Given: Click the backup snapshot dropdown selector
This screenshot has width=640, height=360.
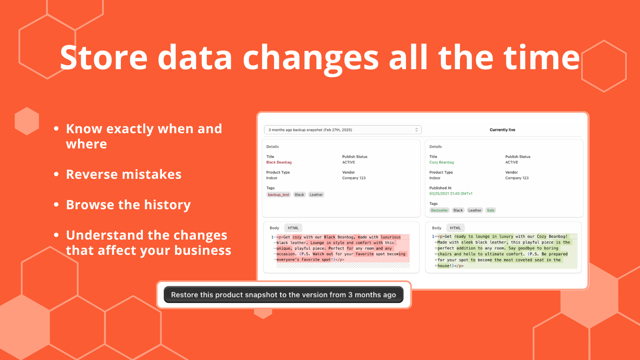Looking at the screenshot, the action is (342, 130).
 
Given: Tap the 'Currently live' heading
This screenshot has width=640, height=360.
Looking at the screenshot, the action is (502, 130).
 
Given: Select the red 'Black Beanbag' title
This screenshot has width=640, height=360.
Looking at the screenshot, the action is (279, 162).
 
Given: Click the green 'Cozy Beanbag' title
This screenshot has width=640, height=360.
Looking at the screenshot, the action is (442, 162).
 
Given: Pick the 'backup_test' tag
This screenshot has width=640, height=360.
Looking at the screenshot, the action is (278, 194).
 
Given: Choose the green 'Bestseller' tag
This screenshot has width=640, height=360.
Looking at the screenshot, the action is (439, 210).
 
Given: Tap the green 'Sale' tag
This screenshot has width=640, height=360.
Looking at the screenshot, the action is (490, 210).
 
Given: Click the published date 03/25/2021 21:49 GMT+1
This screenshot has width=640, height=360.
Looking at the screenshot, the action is (450, 194).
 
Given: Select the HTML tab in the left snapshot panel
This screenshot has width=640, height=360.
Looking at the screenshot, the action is (293, 228).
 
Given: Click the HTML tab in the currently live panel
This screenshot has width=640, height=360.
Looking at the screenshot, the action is (455, 228).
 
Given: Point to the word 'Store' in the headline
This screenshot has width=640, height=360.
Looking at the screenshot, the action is (104, 58).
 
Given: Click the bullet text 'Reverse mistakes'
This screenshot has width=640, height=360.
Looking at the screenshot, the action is (124, 174).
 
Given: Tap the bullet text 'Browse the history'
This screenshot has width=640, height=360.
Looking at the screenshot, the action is (128, 205).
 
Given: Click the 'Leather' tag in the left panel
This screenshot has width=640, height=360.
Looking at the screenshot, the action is (316, 194).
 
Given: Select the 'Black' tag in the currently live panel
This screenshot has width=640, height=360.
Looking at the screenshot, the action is (458, 210).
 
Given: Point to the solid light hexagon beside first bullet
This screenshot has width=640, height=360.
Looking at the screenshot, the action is (27, 121).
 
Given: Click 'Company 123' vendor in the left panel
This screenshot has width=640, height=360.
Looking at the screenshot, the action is (354, 178).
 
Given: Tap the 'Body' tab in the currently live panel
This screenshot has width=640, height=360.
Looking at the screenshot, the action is (436, 228).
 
